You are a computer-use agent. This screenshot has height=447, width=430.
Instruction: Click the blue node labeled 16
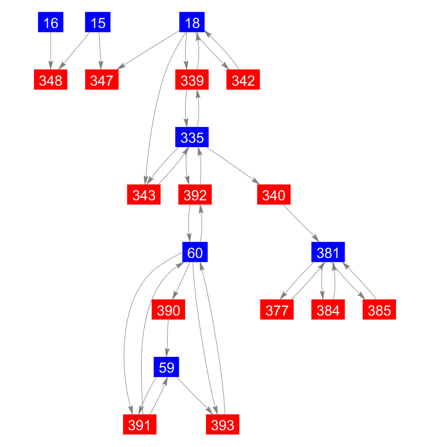pos(51,22)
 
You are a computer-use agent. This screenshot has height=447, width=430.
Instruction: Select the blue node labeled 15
pos(98,22)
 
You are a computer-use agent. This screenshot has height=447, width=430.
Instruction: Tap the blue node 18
pos(192,22)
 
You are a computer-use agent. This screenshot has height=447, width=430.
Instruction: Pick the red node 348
pos(51,80)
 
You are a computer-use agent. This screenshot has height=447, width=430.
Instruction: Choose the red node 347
pos(102,80)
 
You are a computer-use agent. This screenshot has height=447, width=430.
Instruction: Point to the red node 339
pos(192,80)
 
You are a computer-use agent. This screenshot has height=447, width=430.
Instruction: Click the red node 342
pos(243,80)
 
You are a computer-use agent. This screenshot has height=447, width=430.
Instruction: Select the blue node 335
pos(192,137)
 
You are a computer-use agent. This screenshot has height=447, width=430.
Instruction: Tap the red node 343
pos(143,194)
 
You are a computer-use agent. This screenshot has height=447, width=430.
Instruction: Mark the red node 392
pos(195,194)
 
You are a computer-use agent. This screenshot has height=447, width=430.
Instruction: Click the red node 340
pos(274,194)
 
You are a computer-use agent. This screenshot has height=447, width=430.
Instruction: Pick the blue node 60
pos(195,252)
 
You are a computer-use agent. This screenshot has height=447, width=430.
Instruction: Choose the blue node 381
pos(328,252)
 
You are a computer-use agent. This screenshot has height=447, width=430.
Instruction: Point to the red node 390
pos(168,309)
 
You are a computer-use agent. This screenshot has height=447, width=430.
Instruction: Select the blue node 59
pos(166,367)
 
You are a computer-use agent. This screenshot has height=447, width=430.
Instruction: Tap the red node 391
pos(140,424)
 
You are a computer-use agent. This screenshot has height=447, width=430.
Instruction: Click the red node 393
pos(223,424)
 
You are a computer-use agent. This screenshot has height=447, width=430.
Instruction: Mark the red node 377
pos(277,309)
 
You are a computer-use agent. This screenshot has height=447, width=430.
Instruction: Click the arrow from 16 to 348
pos(51,51)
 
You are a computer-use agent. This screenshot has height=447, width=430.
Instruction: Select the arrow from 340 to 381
pos(301,223)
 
